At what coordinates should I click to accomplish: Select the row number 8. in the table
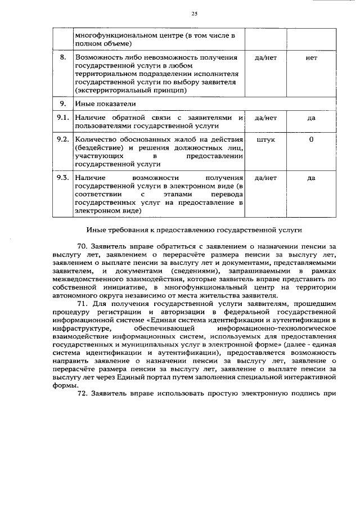[63, 58]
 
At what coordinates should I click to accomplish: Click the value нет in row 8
[311, 58]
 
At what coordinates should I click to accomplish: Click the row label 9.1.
[62, 118]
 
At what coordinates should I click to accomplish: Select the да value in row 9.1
[311, 118]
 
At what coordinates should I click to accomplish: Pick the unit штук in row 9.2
[265, 139]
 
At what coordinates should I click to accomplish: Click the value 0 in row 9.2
[311, 139]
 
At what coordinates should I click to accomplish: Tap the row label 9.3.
[62, 178]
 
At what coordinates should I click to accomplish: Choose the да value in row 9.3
[311, 178]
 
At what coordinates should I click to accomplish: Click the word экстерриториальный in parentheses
[112, 90]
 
